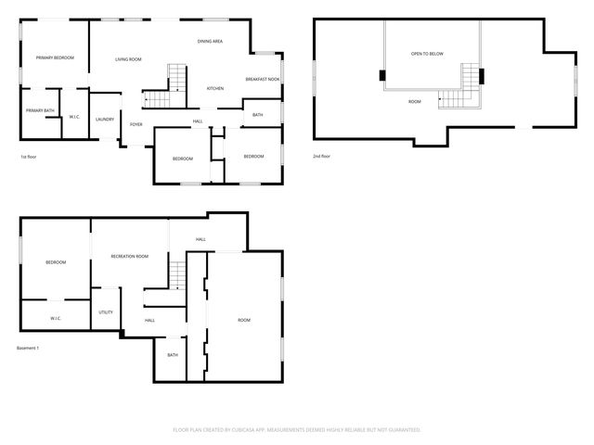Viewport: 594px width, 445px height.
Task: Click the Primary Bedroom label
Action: (55, 58)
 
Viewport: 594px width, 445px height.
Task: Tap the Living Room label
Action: (128, 59)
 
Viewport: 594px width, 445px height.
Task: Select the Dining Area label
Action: (210, 42)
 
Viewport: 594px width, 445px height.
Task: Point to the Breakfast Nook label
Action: (263, 80)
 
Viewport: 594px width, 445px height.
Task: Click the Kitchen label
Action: (215, 88)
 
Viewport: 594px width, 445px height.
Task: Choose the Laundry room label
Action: (105, 119)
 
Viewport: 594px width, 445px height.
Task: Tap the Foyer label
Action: (136, 124)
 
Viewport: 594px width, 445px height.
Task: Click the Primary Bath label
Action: (40, 111)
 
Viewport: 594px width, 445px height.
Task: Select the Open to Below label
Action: (427, 54)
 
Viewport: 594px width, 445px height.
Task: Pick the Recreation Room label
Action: (130, 256)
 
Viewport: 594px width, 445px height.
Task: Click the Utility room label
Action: (106, 312)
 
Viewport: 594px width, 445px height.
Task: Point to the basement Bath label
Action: (173, 355)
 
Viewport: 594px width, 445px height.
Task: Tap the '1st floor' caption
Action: (30, 157)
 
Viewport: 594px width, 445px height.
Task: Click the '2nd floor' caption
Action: (321, 156)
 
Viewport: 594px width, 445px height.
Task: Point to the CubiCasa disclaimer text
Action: (297, 430)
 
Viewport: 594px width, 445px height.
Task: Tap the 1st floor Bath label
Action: (257, 115)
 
